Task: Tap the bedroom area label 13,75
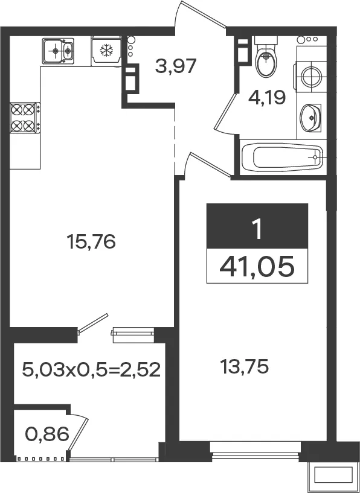[244, 367]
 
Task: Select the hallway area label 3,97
[176, 66]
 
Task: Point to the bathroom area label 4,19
[267, 98]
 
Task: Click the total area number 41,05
[257, 266]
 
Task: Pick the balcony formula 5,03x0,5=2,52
[91, 369]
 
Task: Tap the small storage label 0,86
[47, 434]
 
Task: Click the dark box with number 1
[257, 226]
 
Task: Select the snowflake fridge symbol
[106, 50]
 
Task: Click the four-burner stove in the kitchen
[25, 118]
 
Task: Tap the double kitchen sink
[58, 51]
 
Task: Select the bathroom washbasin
[310, 118]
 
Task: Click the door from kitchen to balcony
[93, 323]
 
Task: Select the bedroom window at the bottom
[256, 451]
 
